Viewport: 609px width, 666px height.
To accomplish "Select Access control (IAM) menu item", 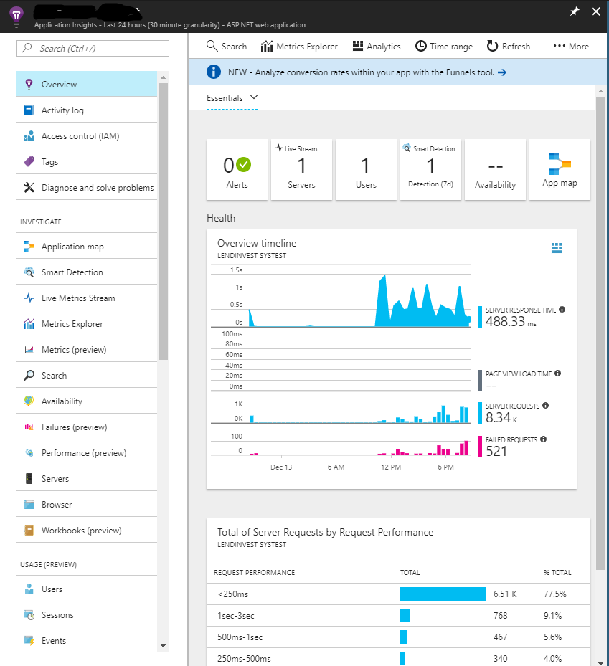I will [80, 136].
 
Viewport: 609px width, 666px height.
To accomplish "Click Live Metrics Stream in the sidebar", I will [77, 298].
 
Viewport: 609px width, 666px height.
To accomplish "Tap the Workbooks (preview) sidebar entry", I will [81, 531].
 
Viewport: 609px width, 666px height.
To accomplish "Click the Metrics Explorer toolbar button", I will [299, 47].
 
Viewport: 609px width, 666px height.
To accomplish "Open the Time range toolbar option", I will [444, 47].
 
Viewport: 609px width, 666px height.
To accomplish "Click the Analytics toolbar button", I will [377, 47].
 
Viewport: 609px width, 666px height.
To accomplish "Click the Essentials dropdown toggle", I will [232, 97].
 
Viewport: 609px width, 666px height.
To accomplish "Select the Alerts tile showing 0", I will [237, 170].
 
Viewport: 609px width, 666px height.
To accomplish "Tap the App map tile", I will [560, 170].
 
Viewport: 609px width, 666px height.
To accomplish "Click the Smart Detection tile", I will [430, 170].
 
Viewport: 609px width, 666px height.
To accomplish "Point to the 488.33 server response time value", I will [506, 323].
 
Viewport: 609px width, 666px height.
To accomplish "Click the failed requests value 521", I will [496, 452].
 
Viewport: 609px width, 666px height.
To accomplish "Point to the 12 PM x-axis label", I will [391, 467].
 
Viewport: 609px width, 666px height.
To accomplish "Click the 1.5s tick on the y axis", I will [236, 270].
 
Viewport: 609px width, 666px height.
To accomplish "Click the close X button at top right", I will [595, 11].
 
